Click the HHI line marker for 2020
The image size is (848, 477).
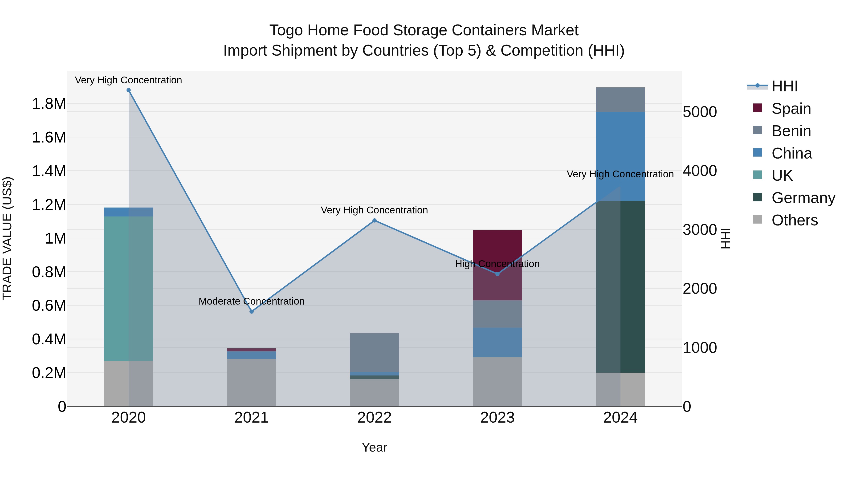click(128, 90)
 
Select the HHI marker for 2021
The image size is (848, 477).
click(252, 311)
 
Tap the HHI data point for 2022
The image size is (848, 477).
click(374, 220)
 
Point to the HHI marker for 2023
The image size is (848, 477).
click(497, 274)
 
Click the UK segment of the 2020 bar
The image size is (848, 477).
click(128, 288)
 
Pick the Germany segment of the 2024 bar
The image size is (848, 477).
click(620, 286)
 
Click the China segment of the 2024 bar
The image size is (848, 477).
click(620, 156)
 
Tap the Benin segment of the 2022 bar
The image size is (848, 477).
click(374, 352)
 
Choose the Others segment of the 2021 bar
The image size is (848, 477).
click(252, 383)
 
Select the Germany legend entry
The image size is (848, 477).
click(803, 198)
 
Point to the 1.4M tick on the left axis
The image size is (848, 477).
click(49, 171)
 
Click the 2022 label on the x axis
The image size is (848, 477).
click(374, 418)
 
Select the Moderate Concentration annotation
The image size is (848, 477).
click(252, 301)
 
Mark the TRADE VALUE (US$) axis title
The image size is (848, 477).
click(7, 238)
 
